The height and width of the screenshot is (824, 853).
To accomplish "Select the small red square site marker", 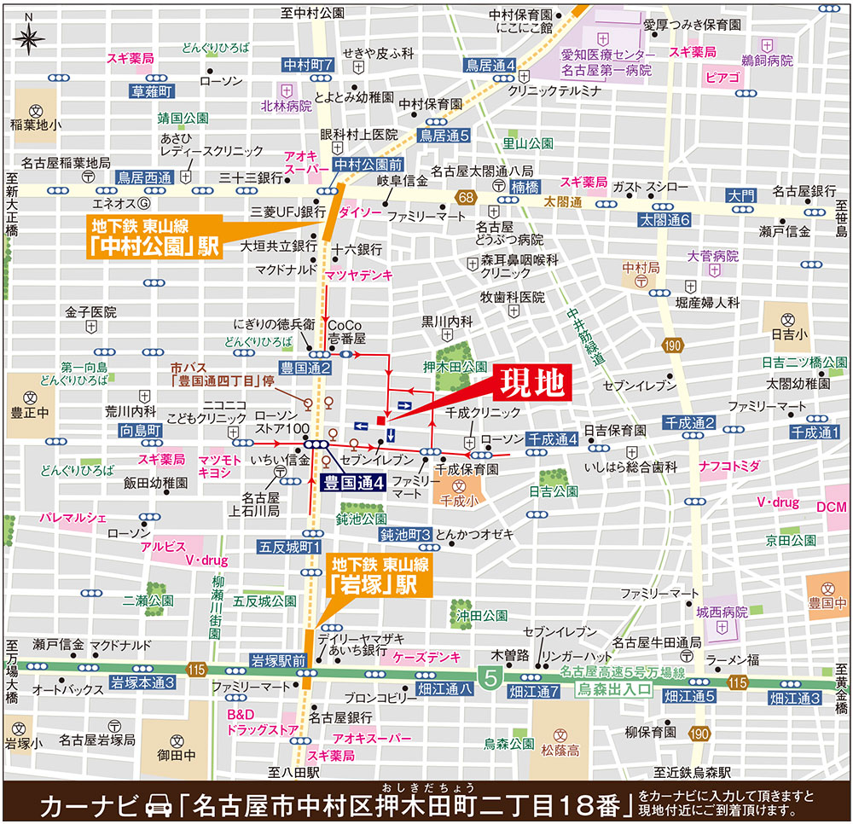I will (380, 421).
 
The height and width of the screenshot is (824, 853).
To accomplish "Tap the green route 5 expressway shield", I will (490, 679).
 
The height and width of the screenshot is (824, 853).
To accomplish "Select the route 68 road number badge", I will (464, 199).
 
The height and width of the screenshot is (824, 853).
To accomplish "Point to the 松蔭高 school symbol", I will (560, 734).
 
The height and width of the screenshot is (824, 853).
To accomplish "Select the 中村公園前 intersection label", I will (367, 164).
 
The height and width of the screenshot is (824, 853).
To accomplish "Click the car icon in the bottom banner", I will (160, 804).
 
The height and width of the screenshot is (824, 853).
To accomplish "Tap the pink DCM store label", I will (832, 507).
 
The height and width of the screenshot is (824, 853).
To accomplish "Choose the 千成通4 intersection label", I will (553, 438).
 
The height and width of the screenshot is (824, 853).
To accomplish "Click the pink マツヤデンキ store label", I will (358, 275).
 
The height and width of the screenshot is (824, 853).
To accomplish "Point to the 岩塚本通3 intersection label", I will (142, 682).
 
